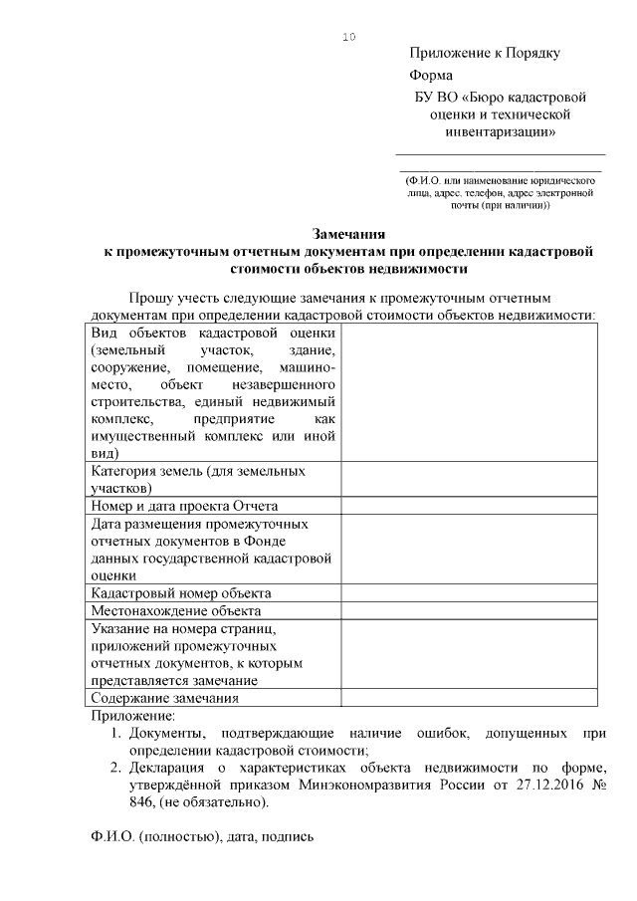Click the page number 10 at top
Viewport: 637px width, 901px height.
(348, 37)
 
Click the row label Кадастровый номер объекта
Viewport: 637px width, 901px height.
(180, 593)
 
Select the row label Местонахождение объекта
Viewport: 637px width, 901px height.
(175, 610)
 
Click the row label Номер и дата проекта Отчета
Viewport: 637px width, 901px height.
(185, 506)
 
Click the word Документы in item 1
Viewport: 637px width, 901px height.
(166, 733)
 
